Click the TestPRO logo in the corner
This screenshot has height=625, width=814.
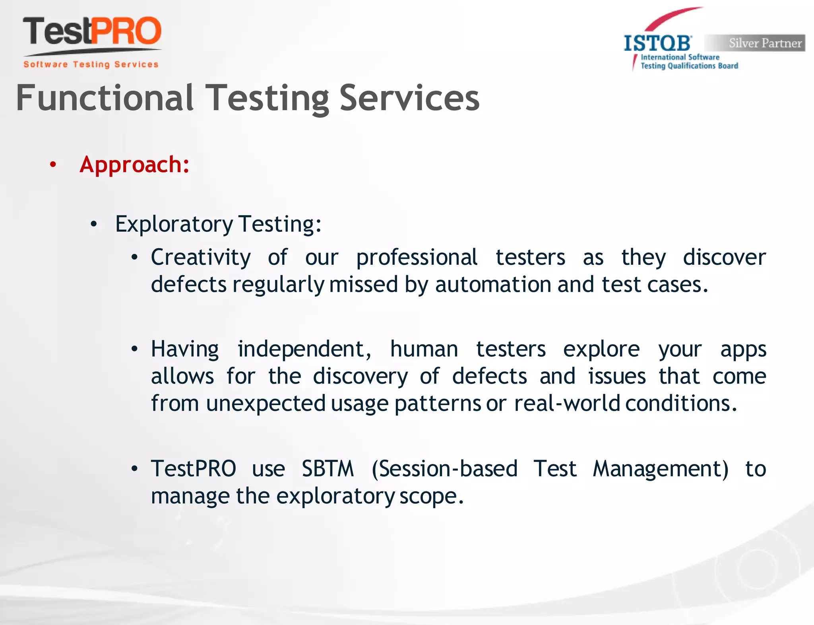point(92,32)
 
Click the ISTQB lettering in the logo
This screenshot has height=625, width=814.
point(658,43)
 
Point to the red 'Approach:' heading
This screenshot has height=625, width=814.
point(134,165)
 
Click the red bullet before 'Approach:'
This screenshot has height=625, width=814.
point(53,165)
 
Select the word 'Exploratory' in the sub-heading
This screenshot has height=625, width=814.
point(174,224)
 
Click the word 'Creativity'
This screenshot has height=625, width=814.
point(201,257)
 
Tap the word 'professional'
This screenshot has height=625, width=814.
point(417,257)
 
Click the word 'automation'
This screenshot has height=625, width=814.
point(493,285)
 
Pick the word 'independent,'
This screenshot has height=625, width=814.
point(304,349)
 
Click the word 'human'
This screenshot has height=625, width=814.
point(424,349)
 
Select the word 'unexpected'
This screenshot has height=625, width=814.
point(266,404)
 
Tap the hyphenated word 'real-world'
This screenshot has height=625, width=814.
point(567,404)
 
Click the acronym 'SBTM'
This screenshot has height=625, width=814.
point(328,469)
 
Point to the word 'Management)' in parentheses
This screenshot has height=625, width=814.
point(661,469)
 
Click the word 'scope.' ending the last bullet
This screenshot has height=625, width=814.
point(432,496)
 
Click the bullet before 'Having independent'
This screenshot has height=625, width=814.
point(135,349)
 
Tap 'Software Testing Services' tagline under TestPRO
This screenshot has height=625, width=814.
point(91,64)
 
